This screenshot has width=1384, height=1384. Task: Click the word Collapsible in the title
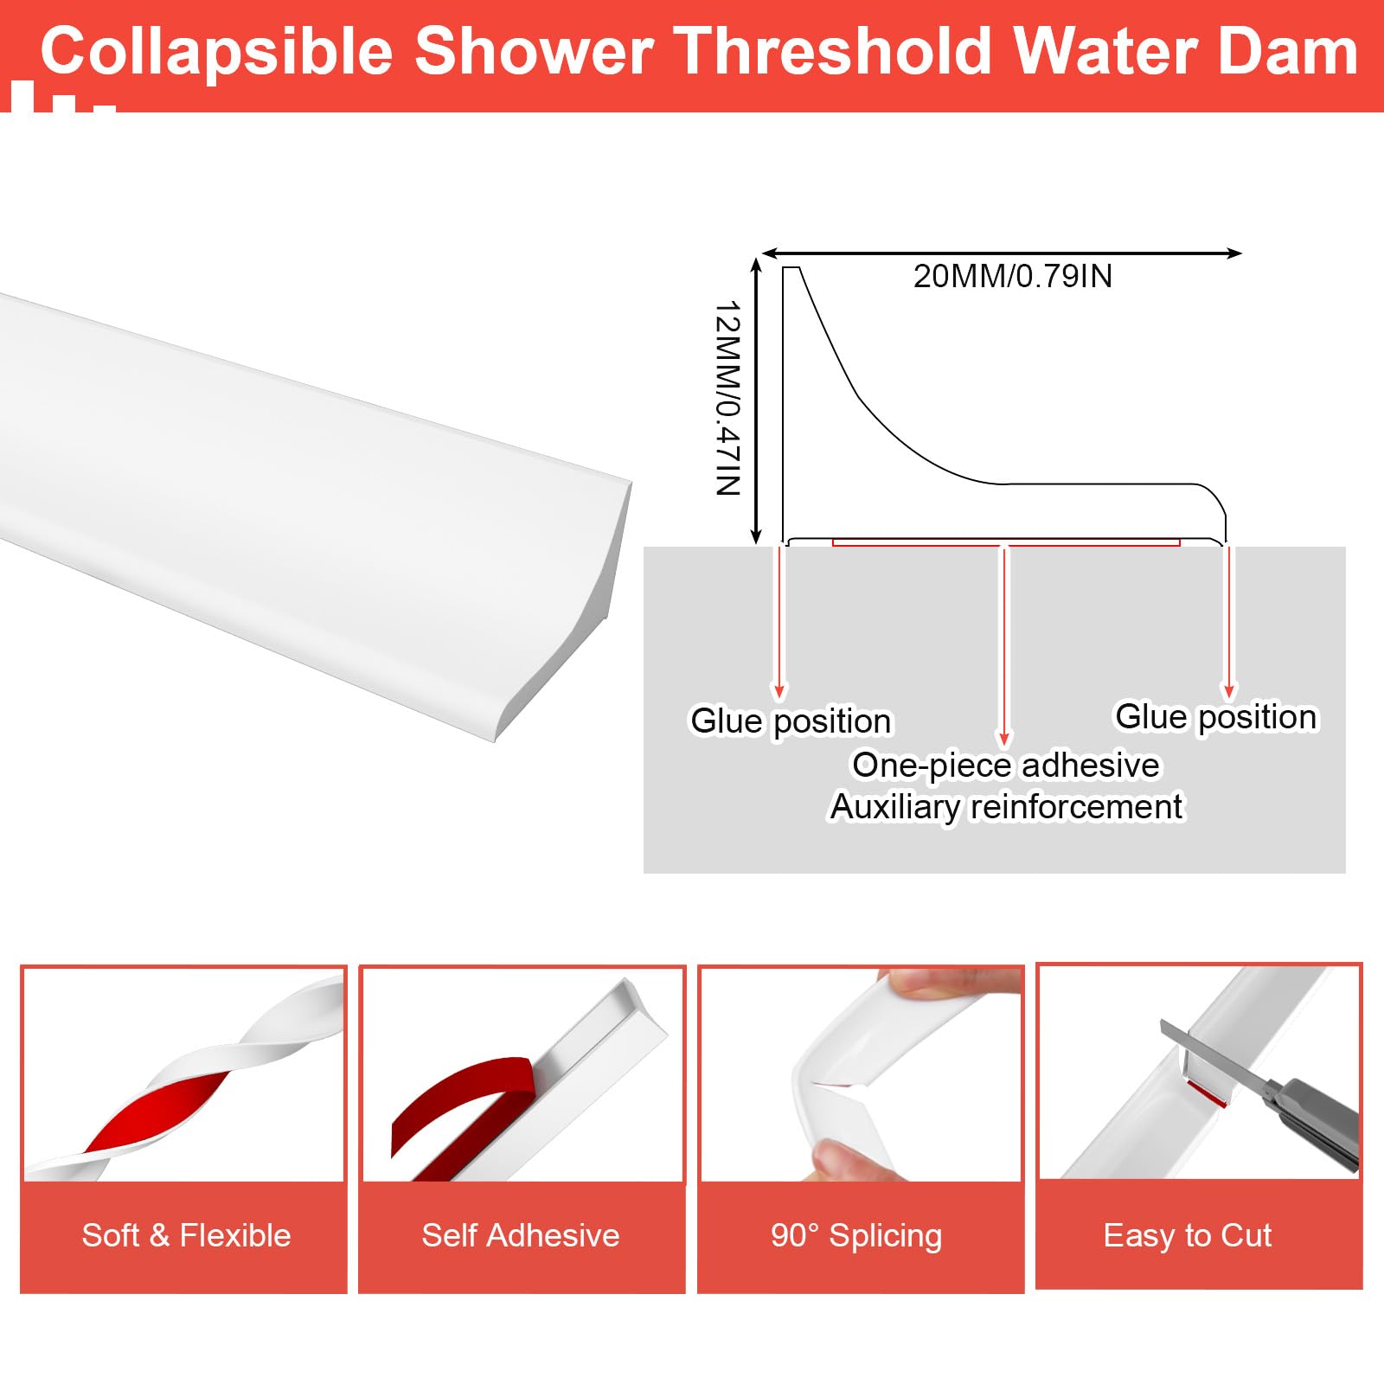pyautogui.click(x=217, y=52)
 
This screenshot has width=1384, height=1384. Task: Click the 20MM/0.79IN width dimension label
pyautogui.click(x=1013, y=277)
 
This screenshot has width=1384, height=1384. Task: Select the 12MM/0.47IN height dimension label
pyautogui.click(x=728, y=398)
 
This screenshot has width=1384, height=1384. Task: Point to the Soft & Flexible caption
pyautogui.click(x=186, y=1235)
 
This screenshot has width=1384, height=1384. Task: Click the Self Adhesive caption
pyautogui.click(x=521, y=1235)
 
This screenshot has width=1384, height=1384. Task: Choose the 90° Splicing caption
pyautogui.click(x=856, y=1235)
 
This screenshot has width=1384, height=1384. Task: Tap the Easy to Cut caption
pyautogui.click(x=1188, y=1235)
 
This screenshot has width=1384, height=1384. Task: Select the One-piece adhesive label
pyautogui.click(x=1006, y=766)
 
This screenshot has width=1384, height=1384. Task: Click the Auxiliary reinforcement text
pyautogui.click(x=1006, y=807)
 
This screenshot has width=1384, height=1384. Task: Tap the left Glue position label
pyautogui.click(x=791, y=721)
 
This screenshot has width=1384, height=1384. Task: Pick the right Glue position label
pyautogui.click(x=1215, y=717)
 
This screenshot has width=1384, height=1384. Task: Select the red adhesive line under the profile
pyautogui.click(x=1006, y=543)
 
